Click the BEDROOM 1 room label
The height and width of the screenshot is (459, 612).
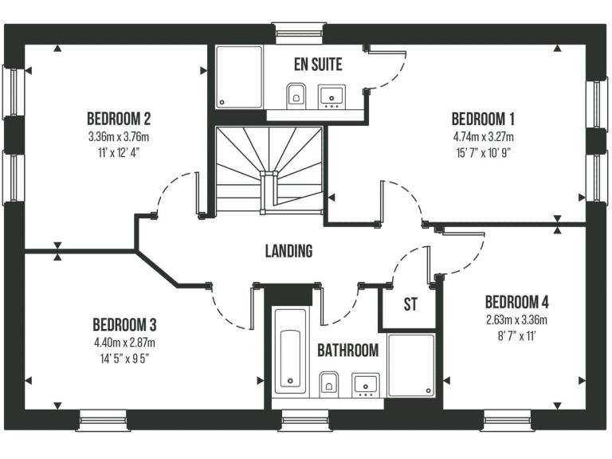tap(483, 120)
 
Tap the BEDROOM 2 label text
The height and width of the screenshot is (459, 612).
tap(119, 120)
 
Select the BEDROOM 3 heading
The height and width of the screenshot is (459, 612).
tap(124, 324)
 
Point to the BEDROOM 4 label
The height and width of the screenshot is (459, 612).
tap(516, 302)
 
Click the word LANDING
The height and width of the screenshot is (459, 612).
tap(288, 251)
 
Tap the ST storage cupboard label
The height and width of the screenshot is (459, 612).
tap(410, 304)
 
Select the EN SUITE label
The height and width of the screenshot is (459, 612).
tap(317, 65)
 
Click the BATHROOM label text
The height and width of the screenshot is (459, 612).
tap(348, 350)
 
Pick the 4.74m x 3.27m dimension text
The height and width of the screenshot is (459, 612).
tap(483, 137)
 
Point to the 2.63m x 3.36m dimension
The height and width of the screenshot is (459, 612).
tap(516, 320)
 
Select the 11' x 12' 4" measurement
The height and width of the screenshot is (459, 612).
tap(119, 152)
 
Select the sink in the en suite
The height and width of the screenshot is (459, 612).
tap(331, 95)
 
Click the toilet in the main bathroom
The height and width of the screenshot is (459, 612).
tap(329, 384)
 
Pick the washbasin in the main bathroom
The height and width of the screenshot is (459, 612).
tap(365, 384)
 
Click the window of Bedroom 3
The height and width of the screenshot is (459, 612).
tap(104, 419)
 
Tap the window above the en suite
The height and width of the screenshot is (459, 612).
tap(298, 31)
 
